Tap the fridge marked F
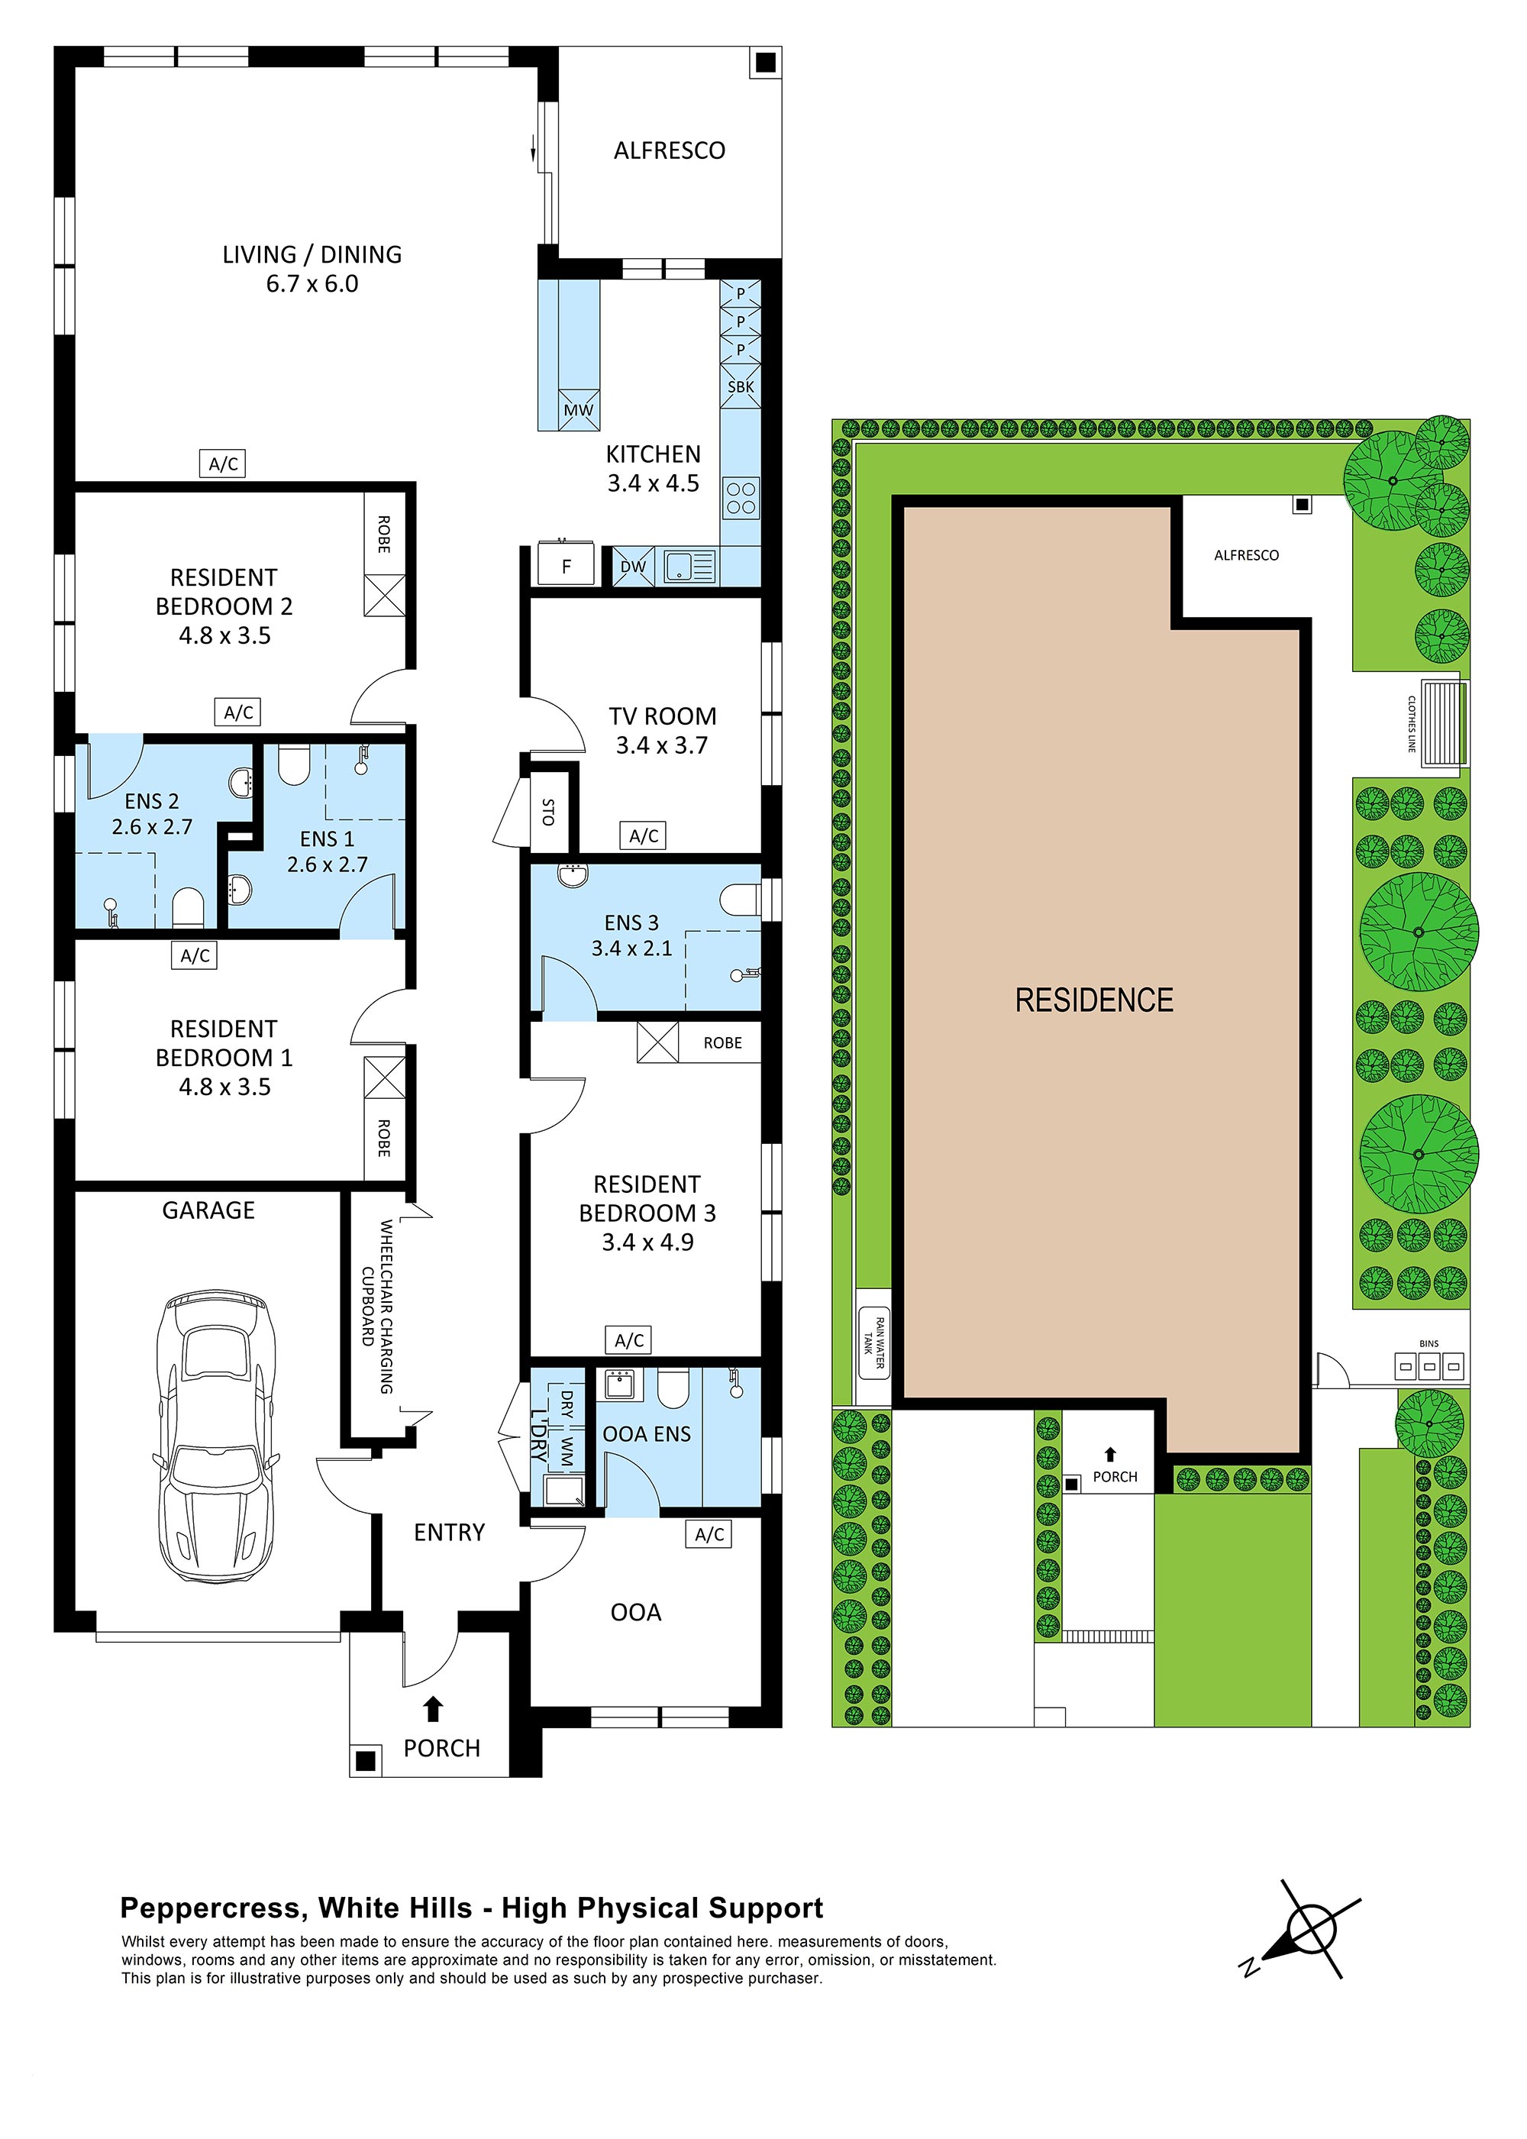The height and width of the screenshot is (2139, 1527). click(565, 565)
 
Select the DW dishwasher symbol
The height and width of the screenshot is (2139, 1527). click(633, 566)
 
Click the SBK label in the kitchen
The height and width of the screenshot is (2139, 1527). click(740, 386)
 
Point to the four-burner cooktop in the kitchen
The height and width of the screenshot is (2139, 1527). click(741, 497)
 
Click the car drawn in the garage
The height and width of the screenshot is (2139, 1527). click(217, 1435)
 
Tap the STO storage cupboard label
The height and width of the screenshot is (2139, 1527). click(548, 812)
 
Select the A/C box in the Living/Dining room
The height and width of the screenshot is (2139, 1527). click(224, 464)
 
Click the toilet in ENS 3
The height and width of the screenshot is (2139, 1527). click(740, 899)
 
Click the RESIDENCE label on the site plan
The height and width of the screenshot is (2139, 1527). click(1093, 1000)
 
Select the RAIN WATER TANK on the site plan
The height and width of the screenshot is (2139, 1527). click(873, 1346)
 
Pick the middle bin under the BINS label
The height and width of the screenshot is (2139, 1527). click(1429, 1366)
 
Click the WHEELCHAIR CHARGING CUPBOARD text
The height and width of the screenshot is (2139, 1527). click(377, 1307)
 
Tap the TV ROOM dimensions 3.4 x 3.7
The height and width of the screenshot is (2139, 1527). click(661, 745)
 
